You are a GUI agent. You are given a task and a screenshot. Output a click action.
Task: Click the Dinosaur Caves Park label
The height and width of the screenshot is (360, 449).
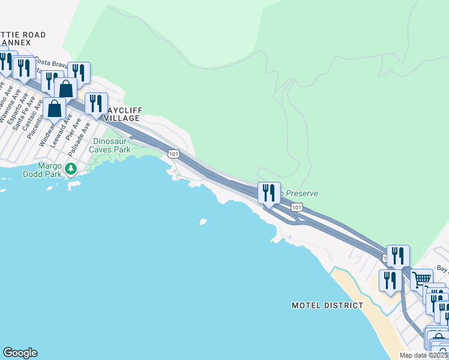coord(110,145)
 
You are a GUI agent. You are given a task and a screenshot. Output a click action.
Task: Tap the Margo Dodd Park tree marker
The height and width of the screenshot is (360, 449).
coord(71,169)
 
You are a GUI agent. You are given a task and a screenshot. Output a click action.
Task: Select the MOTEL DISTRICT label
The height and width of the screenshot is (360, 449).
coord(327,305)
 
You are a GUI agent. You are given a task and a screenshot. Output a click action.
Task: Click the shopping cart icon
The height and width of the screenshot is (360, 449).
coord(421,278)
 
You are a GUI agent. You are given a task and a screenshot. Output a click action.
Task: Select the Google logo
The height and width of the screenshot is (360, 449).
coord(20,353)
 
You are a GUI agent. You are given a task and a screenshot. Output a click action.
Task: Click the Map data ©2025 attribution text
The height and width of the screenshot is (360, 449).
coord(424,355)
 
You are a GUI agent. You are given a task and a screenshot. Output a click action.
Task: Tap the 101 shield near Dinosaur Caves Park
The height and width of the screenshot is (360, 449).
coord(173,154)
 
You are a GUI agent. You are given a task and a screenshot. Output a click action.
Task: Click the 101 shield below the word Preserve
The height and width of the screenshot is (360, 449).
coord(297,207)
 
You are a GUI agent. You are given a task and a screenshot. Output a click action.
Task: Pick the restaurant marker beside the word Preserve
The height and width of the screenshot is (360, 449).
coord(269,193)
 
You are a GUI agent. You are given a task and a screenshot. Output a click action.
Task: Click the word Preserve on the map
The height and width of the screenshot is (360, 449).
coord(301,193)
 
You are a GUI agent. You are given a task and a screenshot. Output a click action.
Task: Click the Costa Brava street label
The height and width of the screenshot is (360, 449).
coord(49,62)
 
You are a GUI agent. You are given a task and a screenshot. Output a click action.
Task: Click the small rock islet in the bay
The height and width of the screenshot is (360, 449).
coord(202,222)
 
